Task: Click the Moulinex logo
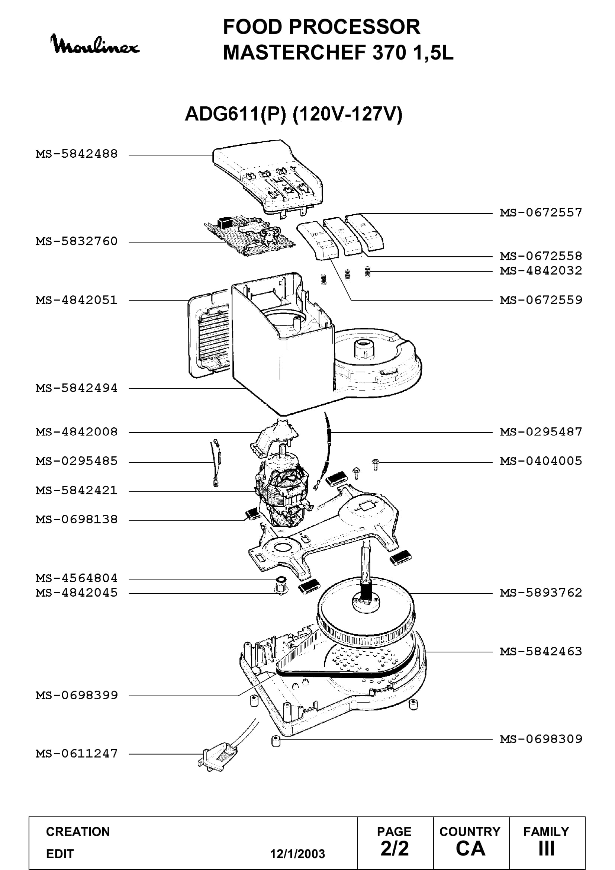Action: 95,44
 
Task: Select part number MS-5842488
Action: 77,154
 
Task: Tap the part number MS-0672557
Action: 541,213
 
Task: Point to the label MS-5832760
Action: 77,241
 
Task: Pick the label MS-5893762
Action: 541,592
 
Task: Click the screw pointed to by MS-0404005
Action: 375,465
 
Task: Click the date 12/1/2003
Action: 297,854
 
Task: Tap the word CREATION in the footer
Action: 78,832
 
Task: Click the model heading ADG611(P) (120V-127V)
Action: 293,114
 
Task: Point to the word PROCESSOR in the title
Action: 354,27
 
